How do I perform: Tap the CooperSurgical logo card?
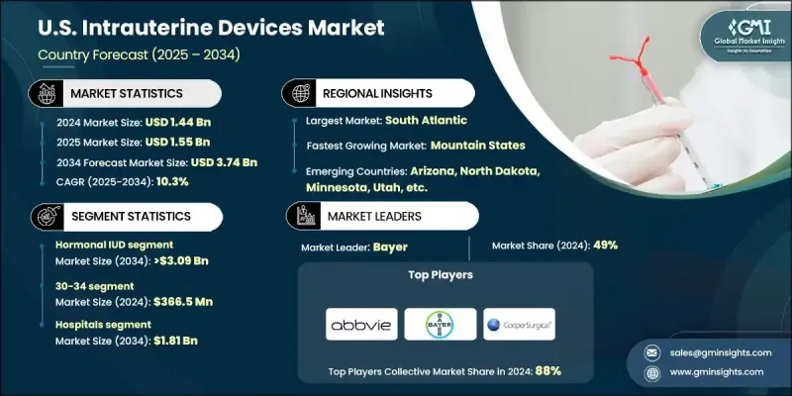(519, 324)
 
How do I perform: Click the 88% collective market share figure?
(547, 371)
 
